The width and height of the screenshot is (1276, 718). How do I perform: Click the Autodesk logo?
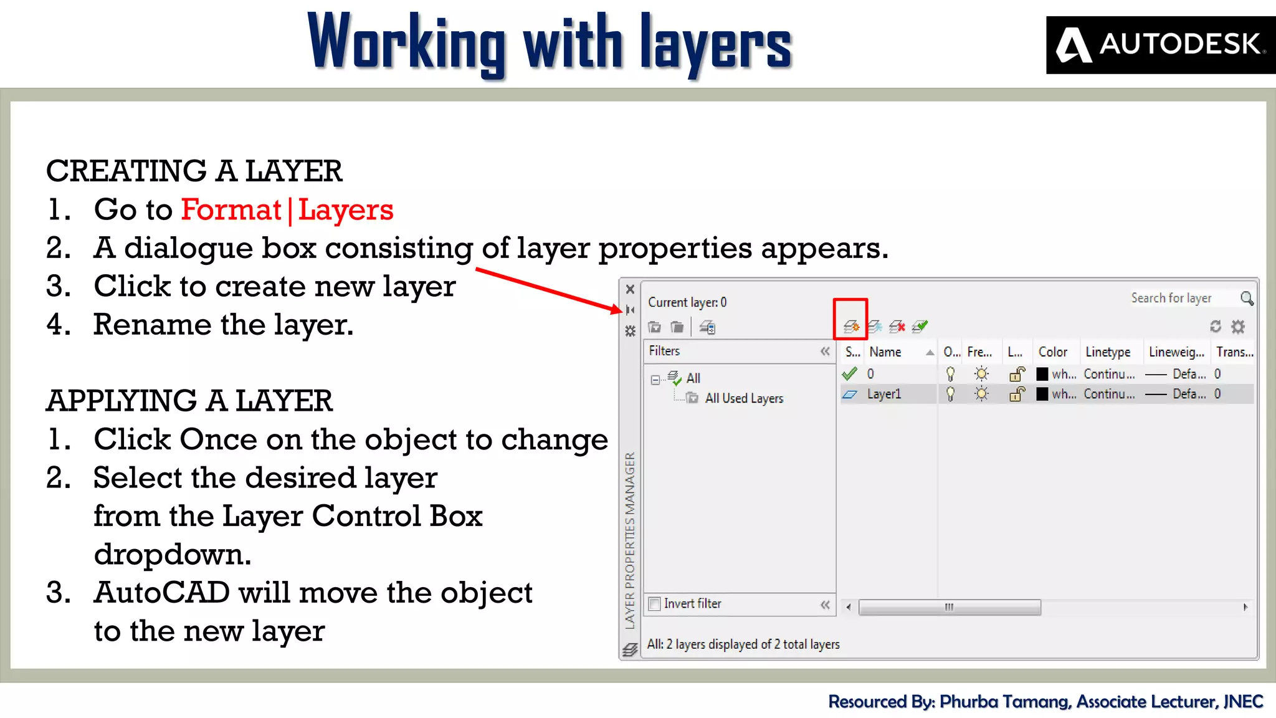[1160, 45]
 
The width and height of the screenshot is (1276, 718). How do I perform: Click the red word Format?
[231, 210]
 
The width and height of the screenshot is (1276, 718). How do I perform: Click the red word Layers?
[346, 210]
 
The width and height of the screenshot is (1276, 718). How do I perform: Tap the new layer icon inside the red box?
[850, 326]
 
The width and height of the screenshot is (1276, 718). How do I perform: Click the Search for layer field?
[1171, 299]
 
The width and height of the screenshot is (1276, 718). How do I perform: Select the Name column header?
[885, 352]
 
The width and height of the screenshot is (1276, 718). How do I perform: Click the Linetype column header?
[1108, 352]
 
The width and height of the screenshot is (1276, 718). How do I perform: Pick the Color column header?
[1053, 352]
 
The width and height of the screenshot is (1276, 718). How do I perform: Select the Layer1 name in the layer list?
[884, 394]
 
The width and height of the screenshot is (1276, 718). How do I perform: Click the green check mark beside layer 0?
[849, 374]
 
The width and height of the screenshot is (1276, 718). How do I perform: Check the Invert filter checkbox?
[655, 604]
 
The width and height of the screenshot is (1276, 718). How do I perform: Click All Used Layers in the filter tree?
[744, 398]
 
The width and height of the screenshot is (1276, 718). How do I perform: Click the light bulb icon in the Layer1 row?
[950, 394]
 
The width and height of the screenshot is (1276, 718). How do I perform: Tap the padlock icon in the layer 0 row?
[1017, 374]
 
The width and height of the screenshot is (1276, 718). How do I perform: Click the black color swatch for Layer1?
[1042, 394]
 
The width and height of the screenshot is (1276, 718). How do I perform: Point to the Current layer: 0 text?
[687, 302]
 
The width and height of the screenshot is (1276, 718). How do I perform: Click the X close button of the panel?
[630, 289]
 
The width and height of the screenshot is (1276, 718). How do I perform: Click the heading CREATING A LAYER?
[194, 171]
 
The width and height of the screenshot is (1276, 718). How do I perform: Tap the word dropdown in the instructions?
[173, 554]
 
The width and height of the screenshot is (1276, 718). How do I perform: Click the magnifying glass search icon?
[1247, 299]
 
